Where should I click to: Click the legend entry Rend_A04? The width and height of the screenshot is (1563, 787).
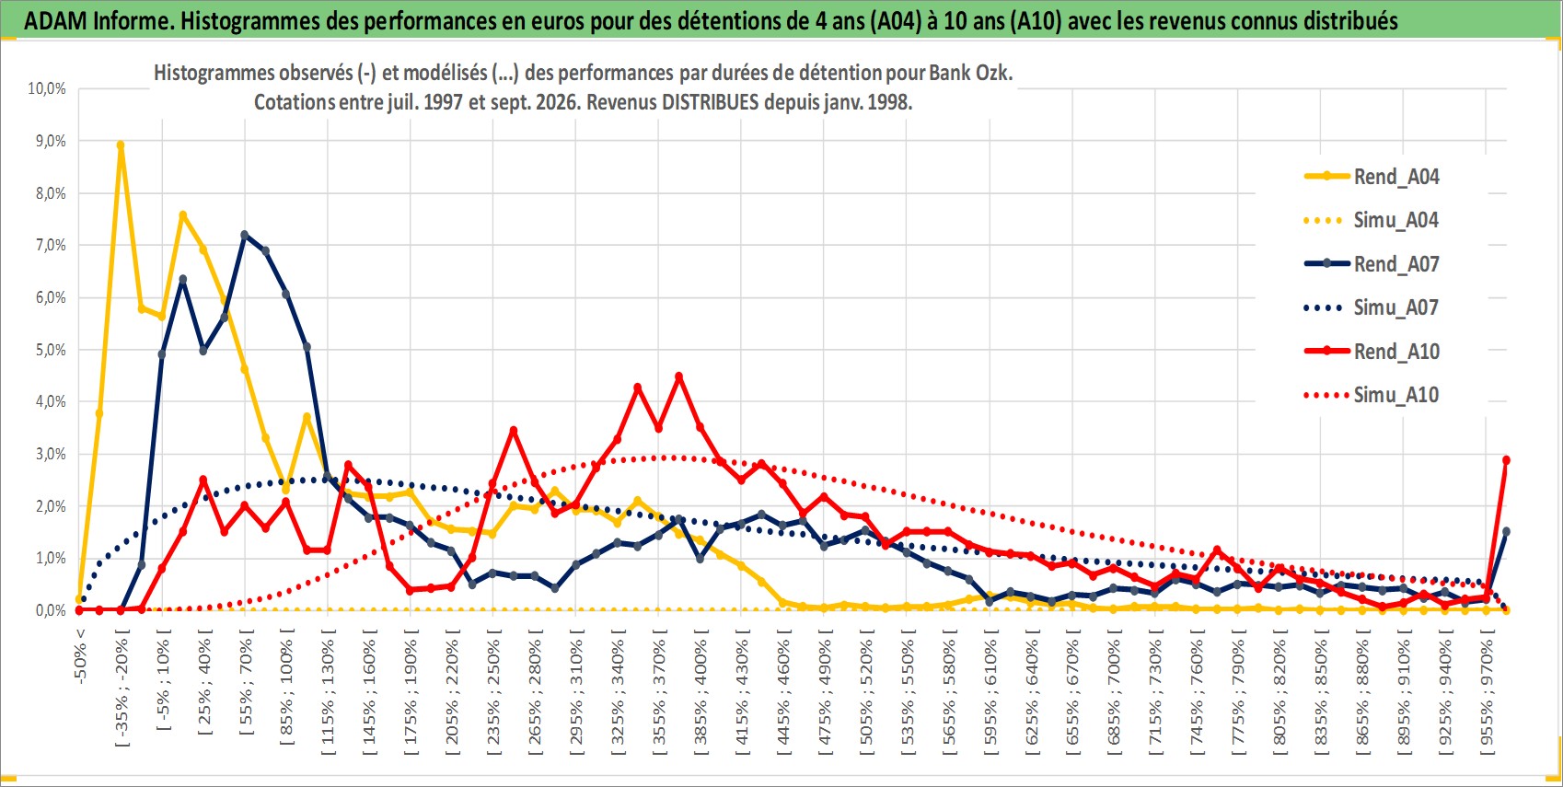[1372, 177]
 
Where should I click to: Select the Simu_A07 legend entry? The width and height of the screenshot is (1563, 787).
[1372, 307]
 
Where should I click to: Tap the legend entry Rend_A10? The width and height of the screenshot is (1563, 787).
[1372, 352]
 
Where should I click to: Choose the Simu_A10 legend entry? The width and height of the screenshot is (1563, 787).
[1372, 395]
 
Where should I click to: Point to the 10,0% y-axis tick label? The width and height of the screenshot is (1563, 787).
[47, 88]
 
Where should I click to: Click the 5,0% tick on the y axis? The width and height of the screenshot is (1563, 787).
[51, 350]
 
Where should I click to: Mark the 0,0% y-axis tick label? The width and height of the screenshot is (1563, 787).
[51, 610]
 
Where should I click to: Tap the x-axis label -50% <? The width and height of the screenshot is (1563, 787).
[79, 656]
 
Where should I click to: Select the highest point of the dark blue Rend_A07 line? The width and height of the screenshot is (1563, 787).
[244, 235]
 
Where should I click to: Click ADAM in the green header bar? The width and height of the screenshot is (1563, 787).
[55, 21]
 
